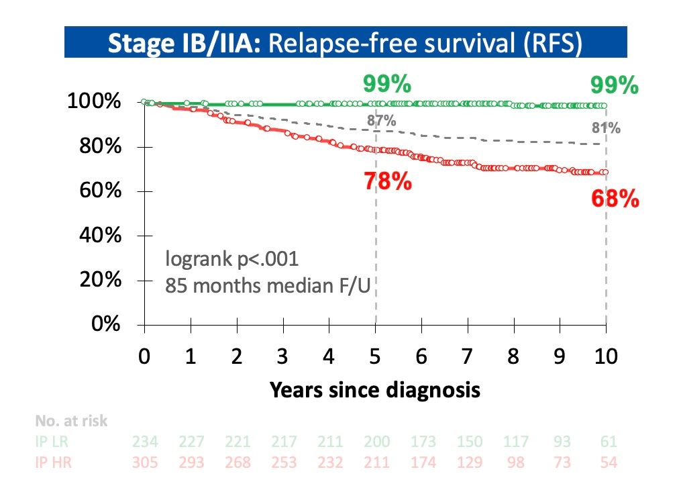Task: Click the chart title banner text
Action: click(346, 42)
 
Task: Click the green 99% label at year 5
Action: click(387, 85)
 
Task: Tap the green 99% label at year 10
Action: click(614, 86)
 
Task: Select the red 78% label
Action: click(387, 181)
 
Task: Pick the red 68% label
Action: click(615, 199)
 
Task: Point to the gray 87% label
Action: click(381, 121)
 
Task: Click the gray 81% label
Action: click(605, 128)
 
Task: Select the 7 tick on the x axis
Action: click(467, 356)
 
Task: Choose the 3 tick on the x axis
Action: click(283, 356)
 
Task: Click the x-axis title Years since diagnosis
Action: click(375, 390)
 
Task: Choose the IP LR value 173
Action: click(422, 442)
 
